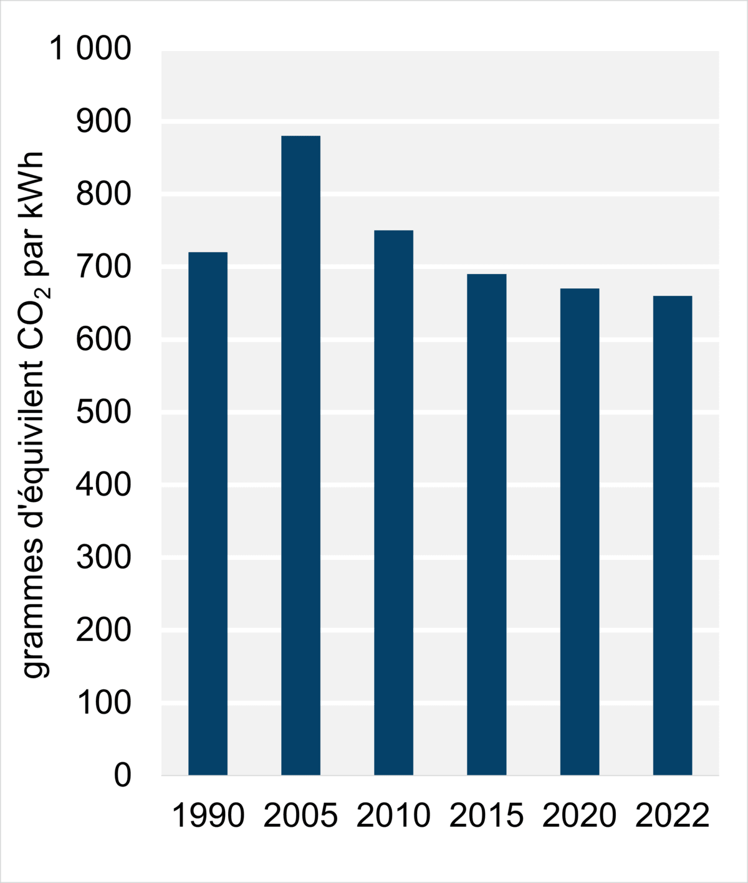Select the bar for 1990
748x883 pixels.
click(208, 514)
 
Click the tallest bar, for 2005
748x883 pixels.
click(300, 455)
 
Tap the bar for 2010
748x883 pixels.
click(393, 503)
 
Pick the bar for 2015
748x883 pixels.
click(486, 524)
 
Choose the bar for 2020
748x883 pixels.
click(580, 532)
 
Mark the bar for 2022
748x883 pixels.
click(673, 536)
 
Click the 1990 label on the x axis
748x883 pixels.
click(208, 816)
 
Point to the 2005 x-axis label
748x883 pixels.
click(300, 816)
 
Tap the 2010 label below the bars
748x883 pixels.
click(393, 816)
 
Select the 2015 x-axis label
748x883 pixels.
click(486, 816)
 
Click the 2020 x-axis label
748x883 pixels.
click(580, 816)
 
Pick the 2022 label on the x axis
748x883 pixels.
click(673, 816)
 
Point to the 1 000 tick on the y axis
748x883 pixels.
click(91, 49)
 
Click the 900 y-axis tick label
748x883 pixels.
click(103, 121)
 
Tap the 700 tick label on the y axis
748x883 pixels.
click(103, 267)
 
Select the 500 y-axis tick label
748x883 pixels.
click(103, 412)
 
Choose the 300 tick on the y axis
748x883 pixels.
click(103, 558)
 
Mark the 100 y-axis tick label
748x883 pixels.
click(103, 703)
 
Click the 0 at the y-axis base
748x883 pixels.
click(122, 776)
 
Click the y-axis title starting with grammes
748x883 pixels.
click(34, 414)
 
